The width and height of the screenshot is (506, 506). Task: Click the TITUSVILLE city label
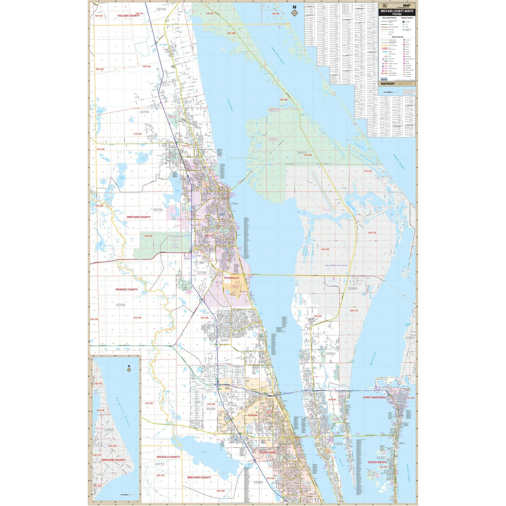231,278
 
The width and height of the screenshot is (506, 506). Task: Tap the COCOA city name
252,415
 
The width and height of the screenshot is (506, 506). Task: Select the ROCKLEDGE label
268,452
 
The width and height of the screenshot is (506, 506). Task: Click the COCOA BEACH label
377,462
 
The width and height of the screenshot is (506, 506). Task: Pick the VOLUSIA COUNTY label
117,16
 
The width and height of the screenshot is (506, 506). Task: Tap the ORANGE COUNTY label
126,290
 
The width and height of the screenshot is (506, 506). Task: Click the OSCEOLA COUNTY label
168,457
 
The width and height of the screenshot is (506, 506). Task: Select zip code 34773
160,464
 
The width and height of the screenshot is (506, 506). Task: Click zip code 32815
302,152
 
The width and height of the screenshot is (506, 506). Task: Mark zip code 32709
121,304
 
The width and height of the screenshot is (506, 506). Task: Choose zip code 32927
224,340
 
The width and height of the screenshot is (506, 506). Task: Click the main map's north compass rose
294,11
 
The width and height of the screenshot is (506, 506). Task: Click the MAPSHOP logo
388,84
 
